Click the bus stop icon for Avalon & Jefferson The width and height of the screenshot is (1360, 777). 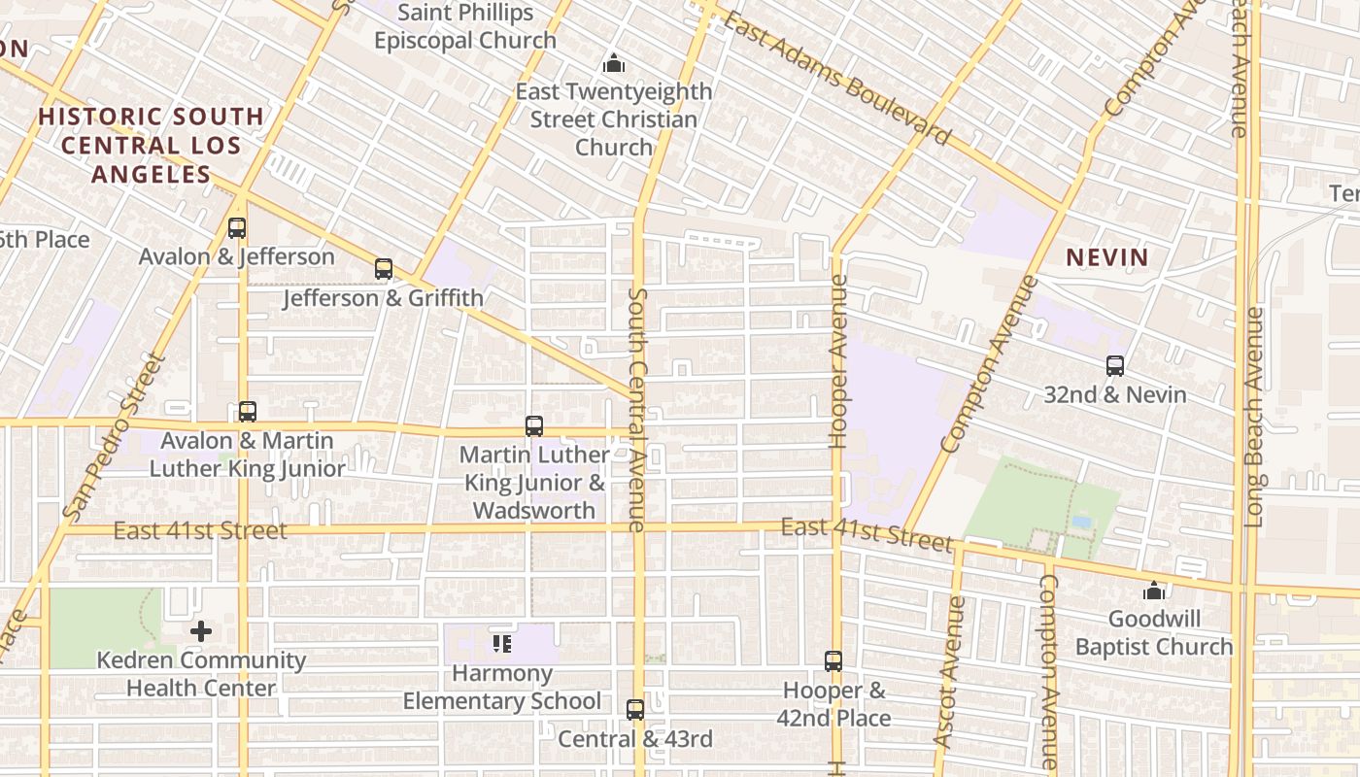click(236, 228)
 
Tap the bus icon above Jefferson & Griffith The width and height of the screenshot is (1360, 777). click(384, 269)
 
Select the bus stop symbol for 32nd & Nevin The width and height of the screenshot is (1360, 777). click(1114, 366)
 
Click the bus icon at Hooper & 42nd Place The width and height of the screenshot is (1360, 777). click(833, 661)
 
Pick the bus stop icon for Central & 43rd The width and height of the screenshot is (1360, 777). click(634, 710)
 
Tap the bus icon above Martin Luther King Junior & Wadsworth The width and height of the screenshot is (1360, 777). click(533, 425)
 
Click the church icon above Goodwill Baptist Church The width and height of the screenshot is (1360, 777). click(1153, 591)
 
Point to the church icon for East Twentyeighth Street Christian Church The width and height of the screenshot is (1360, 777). click(613, 64)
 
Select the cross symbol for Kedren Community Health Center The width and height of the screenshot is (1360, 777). click(201, 631)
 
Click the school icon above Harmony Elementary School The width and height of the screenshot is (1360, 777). click(501, 643)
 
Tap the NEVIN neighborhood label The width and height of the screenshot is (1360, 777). click(1107, 257)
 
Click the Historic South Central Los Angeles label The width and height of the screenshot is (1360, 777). click(151, 146)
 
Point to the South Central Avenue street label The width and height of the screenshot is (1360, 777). click(637, 408)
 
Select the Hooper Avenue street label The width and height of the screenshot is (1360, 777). click(839, 361)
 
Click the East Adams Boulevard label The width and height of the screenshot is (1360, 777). click(835, 78)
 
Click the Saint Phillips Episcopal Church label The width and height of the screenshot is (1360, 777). click(465, 26)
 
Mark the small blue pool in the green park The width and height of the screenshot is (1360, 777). click(1081, 522)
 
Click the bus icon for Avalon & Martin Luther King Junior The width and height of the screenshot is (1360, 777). click(247, 411)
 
